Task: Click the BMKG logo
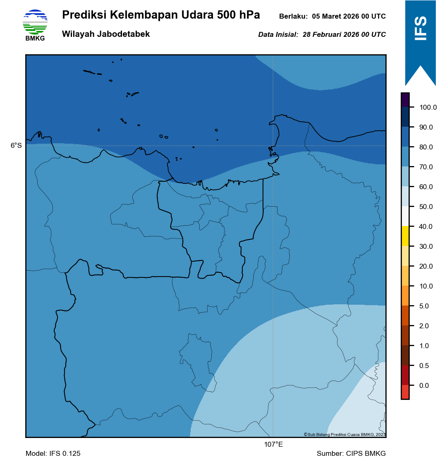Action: (35, 24)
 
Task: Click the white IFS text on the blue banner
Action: (421, 29)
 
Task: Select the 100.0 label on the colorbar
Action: (428, 107)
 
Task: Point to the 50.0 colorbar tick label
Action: (426, 207)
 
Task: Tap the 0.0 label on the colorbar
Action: (424, 385)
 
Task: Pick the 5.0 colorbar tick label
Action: (424, 306)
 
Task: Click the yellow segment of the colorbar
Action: (405, 236)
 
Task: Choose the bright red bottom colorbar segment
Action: (405, 392)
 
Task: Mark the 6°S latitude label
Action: (16, 145)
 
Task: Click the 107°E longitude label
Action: (273, 445)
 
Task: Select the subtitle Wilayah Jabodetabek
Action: (106, 34)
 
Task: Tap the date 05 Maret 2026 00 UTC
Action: (349, 17)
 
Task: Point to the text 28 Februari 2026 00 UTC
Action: (344, 35)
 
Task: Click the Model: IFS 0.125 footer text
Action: (53, 453)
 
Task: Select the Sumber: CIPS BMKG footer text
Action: (351, 453)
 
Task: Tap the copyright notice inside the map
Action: (344, 434)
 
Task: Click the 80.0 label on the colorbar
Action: (426, 147)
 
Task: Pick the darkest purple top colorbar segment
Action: (405, 99)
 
